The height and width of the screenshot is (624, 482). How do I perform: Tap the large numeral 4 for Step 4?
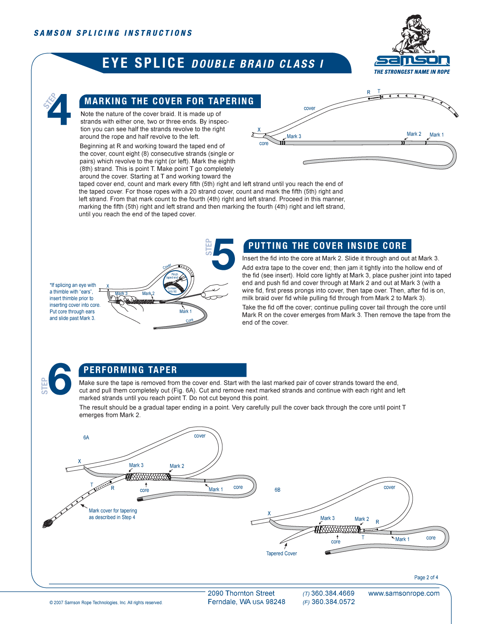tap(59, 110)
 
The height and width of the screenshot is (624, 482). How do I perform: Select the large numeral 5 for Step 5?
tap(223, 254)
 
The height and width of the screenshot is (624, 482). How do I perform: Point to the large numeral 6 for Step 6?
tap(60, 378)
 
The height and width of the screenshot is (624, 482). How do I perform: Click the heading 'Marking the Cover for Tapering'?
tap(169, 101)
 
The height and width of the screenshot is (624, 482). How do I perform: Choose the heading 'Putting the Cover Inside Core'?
tap(327, 246)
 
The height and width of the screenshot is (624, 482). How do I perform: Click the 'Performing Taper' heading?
tap(130, 370)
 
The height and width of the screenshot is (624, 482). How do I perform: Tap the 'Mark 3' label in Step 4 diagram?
tap(294, 137)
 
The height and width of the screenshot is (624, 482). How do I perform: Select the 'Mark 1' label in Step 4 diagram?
tap(436, 135)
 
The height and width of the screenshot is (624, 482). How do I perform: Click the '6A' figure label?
tap(86, 438)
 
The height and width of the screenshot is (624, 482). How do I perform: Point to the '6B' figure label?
tap(277, 490)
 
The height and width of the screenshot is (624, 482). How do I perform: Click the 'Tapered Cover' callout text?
tap(282, 553)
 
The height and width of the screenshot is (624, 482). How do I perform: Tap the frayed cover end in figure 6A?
tap(47, 524)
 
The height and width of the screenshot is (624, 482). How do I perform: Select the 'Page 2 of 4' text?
tap(426, 577)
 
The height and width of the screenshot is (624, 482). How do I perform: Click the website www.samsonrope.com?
tap(404, 594)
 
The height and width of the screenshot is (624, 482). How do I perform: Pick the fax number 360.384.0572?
tap(333, 602)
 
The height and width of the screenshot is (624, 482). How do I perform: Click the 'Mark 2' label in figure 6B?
tap(362, 519)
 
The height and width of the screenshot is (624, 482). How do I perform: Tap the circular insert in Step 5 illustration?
tap(175, 282)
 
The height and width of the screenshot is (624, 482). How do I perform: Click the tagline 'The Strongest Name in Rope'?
tap(412, 72)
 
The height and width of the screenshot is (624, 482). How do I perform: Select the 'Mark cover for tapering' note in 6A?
tap(113, 514)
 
